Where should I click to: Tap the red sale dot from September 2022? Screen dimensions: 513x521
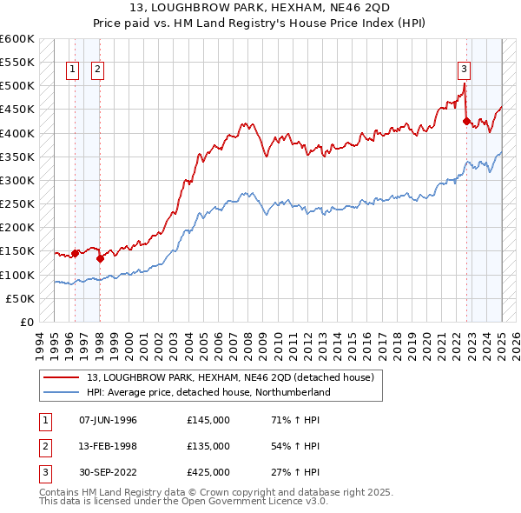pyautogui.click(x=466, y=122)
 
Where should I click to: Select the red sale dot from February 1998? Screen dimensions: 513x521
pyautogui.click(x=100, y=257)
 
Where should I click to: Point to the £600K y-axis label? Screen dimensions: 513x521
pyautogui.click(x=17, y=39)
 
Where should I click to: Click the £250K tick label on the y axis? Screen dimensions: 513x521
pyautogui.click(x=17, y=203)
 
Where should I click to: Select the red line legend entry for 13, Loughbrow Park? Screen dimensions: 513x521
pyautogui.click(x=230, y=377)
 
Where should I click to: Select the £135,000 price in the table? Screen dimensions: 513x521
pyautogui.click(x=208, y=446)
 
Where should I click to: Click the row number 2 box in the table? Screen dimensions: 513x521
pyautogui.click(x=44, y=446)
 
